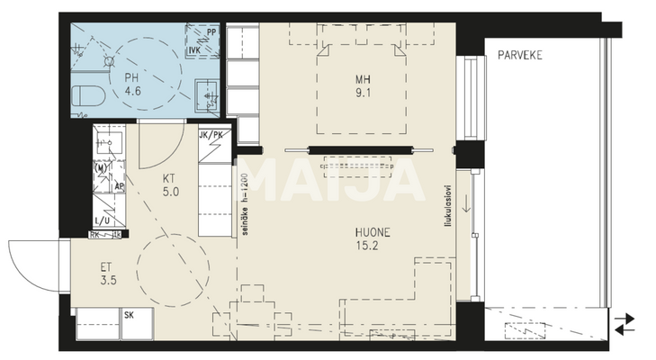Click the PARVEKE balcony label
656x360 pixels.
click(x=520, y=55)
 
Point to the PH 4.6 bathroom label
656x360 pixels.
click(x=132, y=85)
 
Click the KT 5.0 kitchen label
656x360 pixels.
click(x=171, y=184)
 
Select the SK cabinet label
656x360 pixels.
click(x=129, y=315)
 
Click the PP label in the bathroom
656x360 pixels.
click(x=211, y=31)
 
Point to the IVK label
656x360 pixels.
click(x=193, y=51)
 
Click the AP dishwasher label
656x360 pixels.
click(x=118, y=186)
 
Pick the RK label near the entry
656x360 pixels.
click(x=94, y=236)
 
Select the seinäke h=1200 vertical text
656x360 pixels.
click(x=243, y=206)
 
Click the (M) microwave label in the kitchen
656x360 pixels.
click(x=101, y=168)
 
